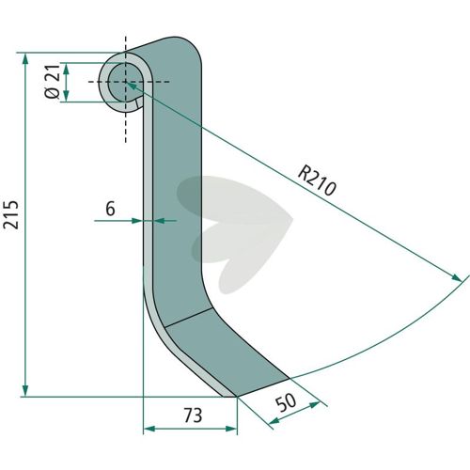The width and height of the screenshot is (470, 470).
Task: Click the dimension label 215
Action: [11, 214]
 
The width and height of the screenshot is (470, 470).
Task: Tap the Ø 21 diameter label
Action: [52, 82]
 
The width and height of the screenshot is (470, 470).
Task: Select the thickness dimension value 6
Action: [110, 209]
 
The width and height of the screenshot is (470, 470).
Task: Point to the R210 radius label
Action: [317, 181]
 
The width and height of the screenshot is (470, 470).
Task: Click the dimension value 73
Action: [193, 415]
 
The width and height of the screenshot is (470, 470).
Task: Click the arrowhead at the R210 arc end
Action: [457, 277]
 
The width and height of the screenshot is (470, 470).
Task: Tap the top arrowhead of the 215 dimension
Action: [25, 59]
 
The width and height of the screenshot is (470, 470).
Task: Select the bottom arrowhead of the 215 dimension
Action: [25, 390]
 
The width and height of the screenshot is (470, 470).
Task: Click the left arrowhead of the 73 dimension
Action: [149, 429]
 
